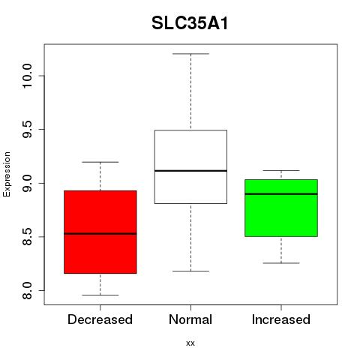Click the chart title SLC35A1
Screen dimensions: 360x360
(190, 23)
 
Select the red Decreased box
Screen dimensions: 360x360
(100, 232)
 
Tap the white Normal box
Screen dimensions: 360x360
(190, 166)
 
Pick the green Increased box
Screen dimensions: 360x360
(281, 208)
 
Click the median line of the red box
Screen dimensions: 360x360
(100, 234)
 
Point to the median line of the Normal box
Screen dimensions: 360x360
(190, 171)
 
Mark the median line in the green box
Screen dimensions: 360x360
(281, 193)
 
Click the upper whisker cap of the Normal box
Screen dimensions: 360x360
(190, 54)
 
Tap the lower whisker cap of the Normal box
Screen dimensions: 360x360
(190, 271)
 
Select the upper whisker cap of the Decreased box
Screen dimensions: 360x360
(100, 162)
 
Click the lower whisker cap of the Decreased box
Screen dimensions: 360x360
(100, 295)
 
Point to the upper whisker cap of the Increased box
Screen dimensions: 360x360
(281, 170)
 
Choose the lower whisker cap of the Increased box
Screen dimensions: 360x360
(281, 263)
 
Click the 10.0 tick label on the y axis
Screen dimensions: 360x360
(27, 76)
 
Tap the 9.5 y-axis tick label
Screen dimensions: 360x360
(27, 129)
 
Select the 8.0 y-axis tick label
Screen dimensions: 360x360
(27, 290)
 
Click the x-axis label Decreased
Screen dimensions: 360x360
(100, 319)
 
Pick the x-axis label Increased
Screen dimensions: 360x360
(281, 319)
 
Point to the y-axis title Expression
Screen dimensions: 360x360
(7, 174)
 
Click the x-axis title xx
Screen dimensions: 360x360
(190, 343)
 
